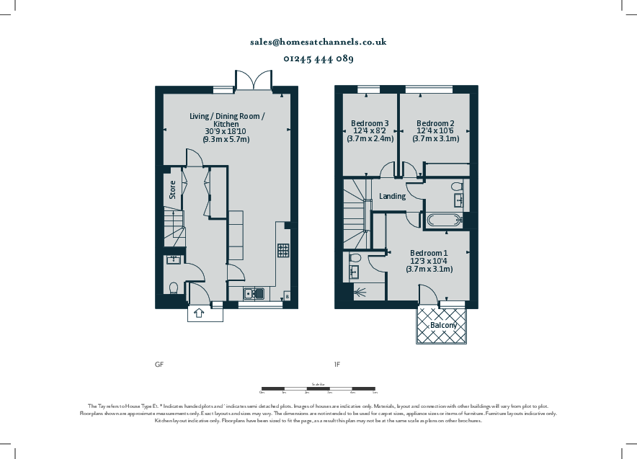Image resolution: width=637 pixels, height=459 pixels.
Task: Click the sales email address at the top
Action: tap(318, 42)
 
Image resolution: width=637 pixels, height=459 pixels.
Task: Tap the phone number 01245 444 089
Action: tap(318, 59)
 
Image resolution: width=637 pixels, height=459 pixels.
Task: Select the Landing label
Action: tap(392, 196)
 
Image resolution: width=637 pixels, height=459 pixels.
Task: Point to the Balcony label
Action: tap(443, 326)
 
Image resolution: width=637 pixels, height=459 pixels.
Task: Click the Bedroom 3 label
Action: tap(370, 123)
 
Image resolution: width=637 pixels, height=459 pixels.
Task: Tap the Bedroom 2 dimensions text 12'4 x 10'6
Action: tap(435, 130)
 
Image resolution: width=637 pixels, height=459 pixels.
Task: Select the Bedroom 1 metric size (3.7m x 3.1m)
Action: tap(429, 269)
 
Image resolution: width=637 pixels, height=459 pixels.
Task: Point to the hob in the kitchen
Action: tap(283, 251)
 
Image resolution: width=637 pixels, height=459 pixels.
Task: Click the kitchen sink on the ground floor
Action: tap(254, 293)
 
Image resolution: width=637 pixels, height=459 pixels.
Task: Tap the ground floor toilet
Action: tap(173, 288)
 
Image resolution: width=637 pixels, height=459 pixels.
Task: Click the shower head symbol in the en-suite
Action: tap(359, 293)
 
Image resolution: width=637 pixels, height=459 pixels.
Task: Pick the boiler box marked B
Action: tap(288, 296)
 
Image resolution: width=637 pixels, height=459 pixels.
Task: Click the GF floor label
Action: tap(159, 365)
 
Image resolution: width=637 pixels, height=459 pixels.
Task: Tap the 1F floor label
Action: tap(337, 365)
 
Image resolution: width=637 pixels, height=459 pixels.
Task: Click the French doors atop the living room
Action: tap(253, 81)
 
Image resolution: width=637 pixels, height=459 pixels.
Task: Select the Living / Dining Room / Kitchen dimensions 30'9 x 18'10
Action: tap(227, 131)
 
